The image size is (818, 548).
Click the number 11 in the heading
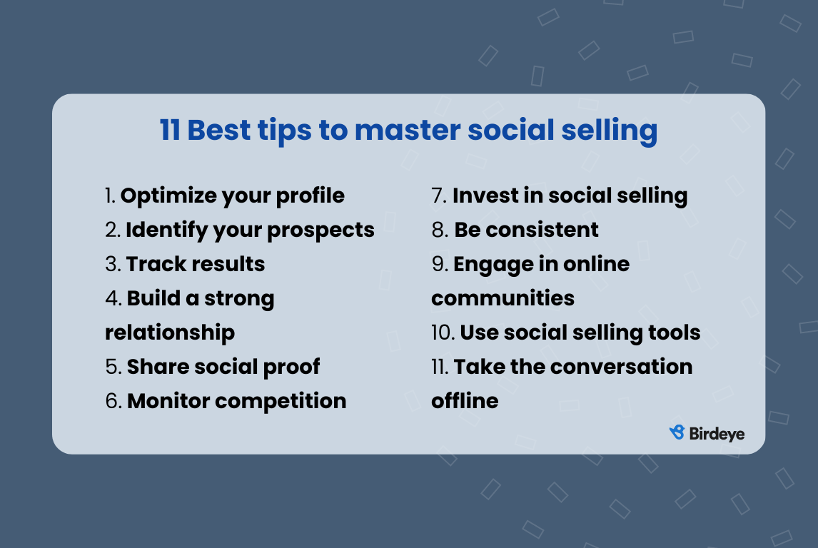(x=170, y=131)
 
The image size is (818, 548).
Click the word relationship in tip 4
(x=170, y=333)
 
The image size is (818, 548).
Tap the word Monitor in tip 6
(x=168, y=401)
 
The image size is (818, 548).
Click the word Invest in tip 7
(x=484, y=196)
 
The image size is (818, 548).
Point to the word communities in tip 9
(x=503, y=298)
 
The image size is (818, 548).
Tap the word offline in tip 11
(x=465, y=401)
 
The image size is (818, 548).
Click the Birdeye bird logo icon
(x=677, y=432)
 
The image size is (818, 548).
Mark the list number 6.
(x=113, y=401)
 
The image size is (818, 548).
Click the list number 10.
(x=442, y=333)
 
